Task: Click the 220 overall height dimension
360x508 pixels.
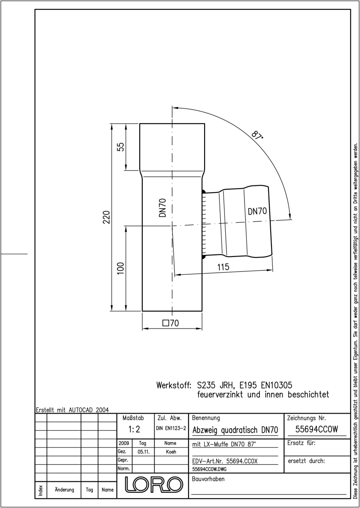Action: click(106, 217)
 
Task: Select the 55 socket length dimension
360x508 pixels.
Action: click(121, 147)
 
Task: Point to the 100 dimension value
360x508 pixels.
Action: click(121, 268)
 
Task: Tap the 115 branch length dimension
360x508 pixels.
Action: click(224, 267)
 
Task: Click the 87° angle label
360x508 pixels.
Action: click(257, 135)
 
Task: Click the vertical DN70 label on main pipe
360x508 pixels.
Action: click(162, 208)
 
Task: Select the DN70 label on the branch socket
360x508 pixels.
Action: click(257, 211)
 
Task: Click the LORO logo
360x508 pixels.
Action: click(154, 485)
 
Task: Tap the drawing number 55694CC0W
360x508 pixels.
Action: click(317, 429)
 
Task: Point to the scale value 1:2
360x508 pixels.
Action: click(134, 429)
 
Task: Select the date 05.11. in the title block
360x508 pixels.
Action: click(144, 452)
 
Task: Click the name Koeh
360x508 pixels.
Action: click(171, 452)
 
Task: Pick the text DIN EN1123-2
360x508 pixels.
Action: click(171, 428)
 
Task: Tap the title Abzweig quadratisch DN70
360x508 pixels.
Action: click(235, 430)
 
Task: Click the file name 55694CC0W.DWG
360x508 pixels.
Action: click(209, 469)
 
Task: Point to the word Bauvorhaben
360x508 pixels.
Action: click(208, 479)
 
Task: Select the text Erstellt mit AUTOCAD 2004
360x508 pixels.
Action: click(72, 410)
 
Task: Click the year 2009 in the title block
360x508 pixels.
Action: click(124, 443)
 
